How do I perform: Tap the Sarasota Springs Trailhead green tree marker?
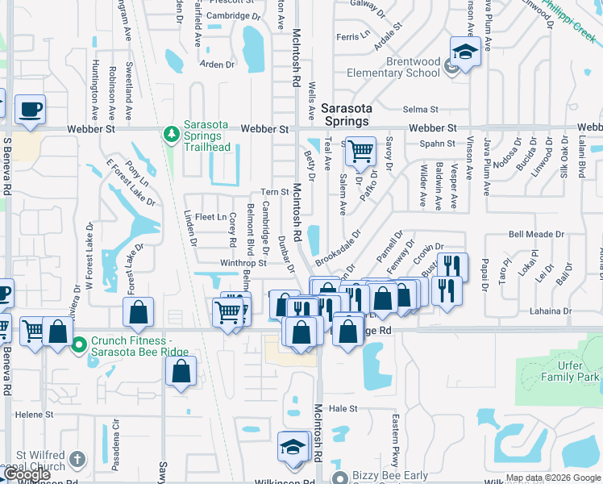pos(170,133)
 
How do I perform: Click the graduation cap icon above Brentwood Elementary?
pos(465,53)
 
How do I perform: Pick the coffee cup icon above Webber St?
pos(31,109)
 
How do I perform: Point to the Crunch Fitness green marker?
pos(78,347)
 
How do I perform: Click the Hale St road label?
pos(343,409)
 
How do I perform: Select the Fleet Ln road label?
pos(210,217)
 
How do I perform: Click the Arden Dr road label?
pos(216,65)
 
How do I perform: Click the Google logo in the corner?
pos(27,475)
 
